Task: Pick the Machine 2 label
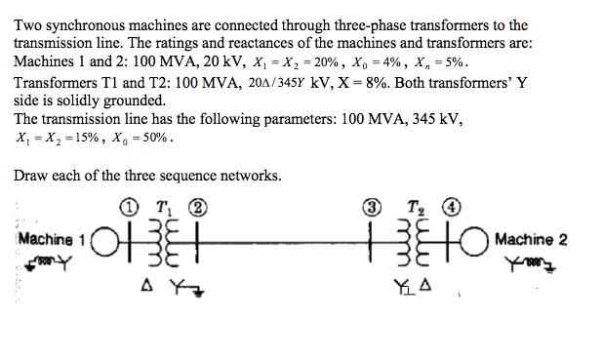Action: click(532, 240)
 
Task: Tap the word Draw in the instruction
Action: click(32, 176)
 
